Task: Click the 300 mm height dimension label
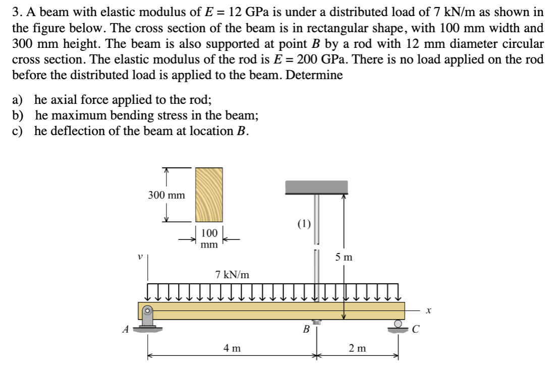click(x=166, y=195)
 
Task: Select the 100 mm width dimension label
click(x=209, y=238)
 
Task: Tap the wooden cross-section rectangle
click(x=209, y=195)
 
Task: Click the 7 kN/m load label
click(x=232, y=275)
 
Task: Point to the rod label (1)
click(x=304, y=223)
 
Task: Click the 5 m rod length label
click(x=344, y=258)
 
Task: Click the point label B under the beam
click(x=305, y=331)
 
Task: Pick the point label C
click(x=415, y=331)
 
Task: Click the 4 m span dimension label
click(x=232, y=347)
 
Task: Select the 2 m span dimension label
click(x=358, y=347)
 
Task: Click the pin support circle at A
click(x=147, y=311)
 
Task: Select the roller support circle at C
click(x=399, y=324)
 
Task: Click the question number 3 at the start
click(x=16, y=12)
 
